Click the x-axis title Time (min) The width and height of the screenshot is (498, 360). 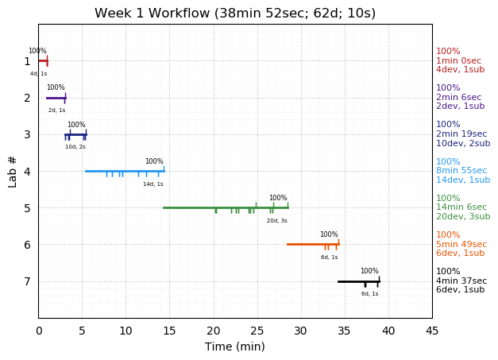click(235, 346)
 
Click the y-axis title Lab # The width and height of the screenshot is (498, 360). click(13, 171)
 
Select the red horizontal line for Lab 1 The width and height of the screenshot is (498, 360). click(42, 60)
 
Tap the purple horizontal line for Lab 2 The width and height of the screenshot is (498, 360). click(56, 98)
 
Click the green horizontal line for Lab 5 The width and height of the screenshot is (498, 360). click(226, 207)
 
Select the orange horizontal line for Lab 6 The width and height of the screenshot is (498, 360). click(312, 244)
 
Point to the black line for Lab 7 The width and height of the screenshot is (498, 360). click(358, 281)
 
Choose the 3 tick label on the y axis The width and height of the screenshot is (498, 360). click(27, 134)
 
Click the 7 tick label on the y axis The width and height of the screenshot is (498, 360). click(27, 281)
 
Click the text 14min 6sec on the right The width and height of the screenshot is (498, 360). click(461, 207)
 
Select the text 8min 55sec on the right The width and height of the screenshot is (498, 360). click(461, 171)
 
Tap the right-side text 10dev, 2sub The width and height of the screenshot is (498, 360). click(463, 144)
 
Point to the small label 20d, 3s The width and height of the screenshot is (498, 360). click(277, 221)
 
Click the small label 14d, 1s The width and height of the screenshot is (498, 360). click(153, 184)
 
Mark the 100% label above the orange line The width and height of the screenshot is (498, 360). click(329, 234)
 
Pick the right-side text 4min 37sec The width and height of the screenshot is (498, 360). click(461, 281)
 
